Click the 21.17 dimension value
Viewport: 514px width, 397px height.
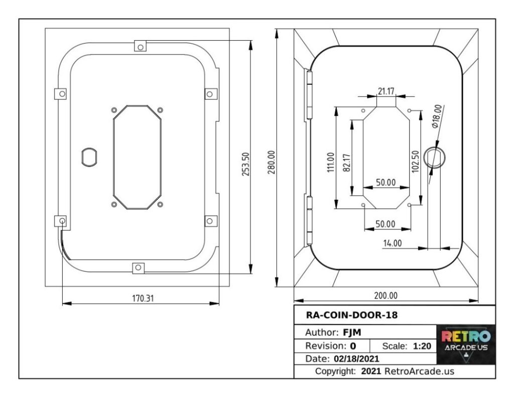tap(386, 91)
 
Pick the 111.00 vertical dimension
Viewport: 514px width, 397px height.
tap(330, 162)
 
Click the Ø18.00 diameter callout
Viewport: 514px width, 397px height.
tap(437, 117)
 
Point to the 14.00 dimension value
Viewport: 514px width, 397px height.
tap(392, 243)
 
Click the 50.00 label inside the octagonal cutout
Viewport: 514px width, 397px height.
tap(386, 182)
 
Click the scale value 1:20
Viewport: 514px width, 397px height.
tap(420, 346)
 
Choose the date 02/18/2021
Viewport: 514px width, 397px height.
tap(356, 359)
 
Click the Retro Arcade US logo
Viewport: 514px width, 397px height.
tap(466, 344)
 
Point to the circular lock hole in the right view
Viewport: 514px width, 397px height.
tap(434, 158)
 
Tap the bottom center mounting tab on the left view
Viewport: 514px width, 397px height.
tap(138, 268)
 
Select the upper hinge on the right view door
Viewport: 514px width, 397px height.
tap(309, 95)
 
